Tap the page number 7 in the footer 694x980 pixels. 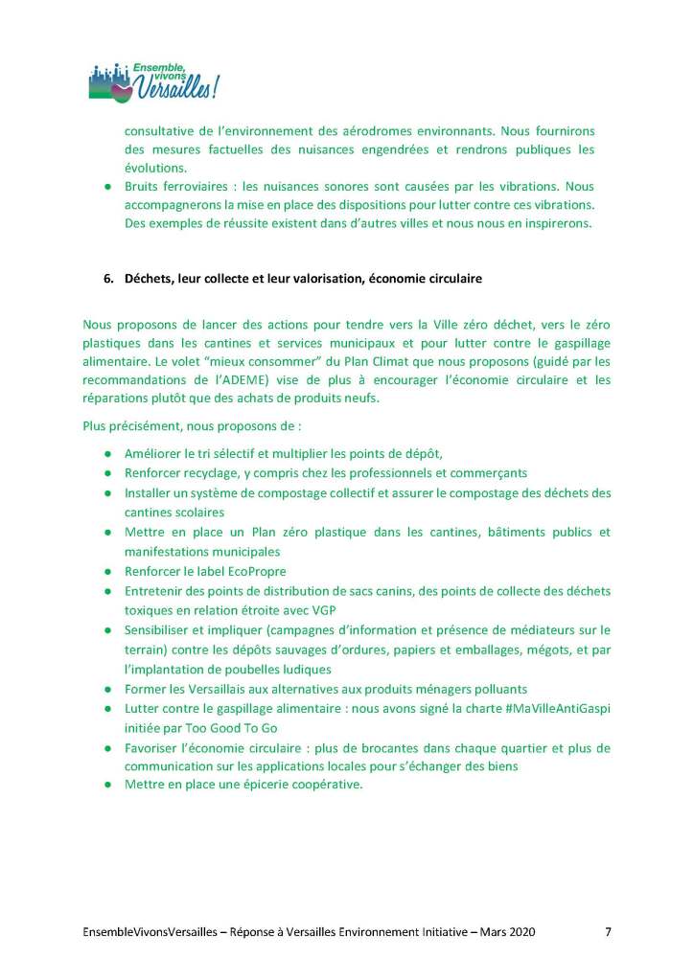pyautogui.click(x=608, y=930)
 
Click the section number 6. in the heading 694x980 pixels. pyautogui.click(x=109, y=279)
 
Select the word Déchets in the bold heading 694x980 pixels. pyautogui.click(x=148, y=279)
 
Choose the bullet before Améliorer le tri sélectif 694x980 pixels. pyautogui.click(x=109, y=454)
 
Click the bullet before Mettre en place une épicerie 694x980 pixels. pyautogui.click(x=109, y=785)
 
